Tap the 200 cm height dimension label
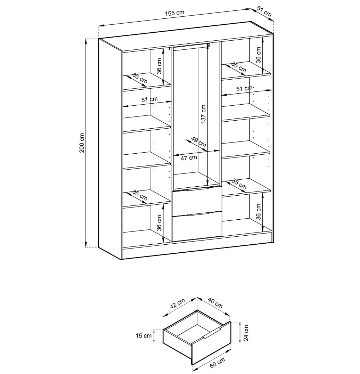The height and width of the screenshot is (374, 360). tap(82, 143)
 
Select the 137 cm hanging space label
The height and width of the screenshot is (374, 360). tap(204, 114)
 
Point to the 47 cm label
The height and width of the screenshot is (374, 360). tap(189, 157)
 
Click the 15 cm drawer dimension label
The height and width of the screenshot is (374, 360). tap(143, 336)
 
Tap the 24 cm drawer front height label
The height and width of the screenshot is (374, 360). tap(246, 333)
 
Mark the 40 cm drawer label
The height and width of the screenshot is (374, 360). tap(215, 303)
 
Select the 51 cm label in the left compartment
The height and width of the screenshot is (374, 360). tap(149, 99)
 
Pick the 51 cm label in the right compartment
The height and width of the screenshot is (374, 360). tap(244, 89)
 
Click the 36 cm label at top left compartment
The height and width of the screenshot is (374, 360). tap(159, 66)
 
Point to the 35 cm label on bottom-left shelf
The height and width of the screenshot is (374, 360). tap(140, 196)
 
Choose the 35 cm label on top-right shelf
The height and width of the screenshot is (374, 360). tap(239, 67)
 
